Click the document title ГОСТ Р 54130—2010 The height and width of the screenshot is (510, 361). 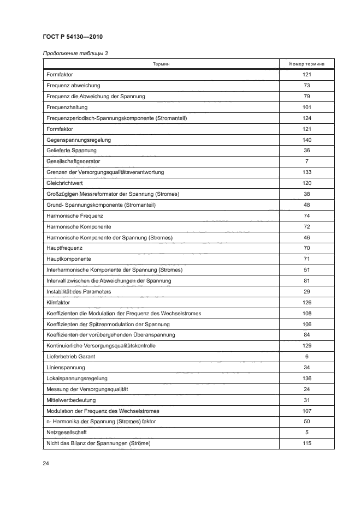(x=73, y=37)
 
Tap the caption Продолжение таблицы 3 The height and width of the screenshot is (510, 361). (x=75, y=53)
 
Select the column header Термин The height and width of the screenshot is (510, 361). (x=161, y=64)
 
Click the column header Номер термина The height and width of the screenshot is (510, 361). (x=306, y=64)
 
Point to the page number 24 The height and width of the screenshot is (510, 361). (x=46, y=464)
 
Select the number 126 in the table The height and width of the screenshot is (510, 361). (x=306, y=302)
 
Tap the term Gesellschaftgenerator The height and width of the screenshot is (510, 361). (x=74, y=161)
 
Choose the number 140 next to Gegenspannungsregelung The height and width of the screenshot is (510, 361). (x=306, y=140)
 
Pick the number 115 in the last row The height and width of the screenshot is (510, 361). (x=306, y=443)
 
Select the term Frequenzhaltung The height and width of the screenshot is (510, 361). (x=67, y=107)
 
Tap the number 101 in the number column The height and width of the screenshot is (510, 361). (x=306, y=107)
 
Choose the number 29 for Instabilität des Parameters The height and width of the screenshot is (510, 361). (x=306, y=292)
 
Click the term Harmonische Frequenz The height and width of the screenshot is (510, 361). (x=75, y=215)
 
